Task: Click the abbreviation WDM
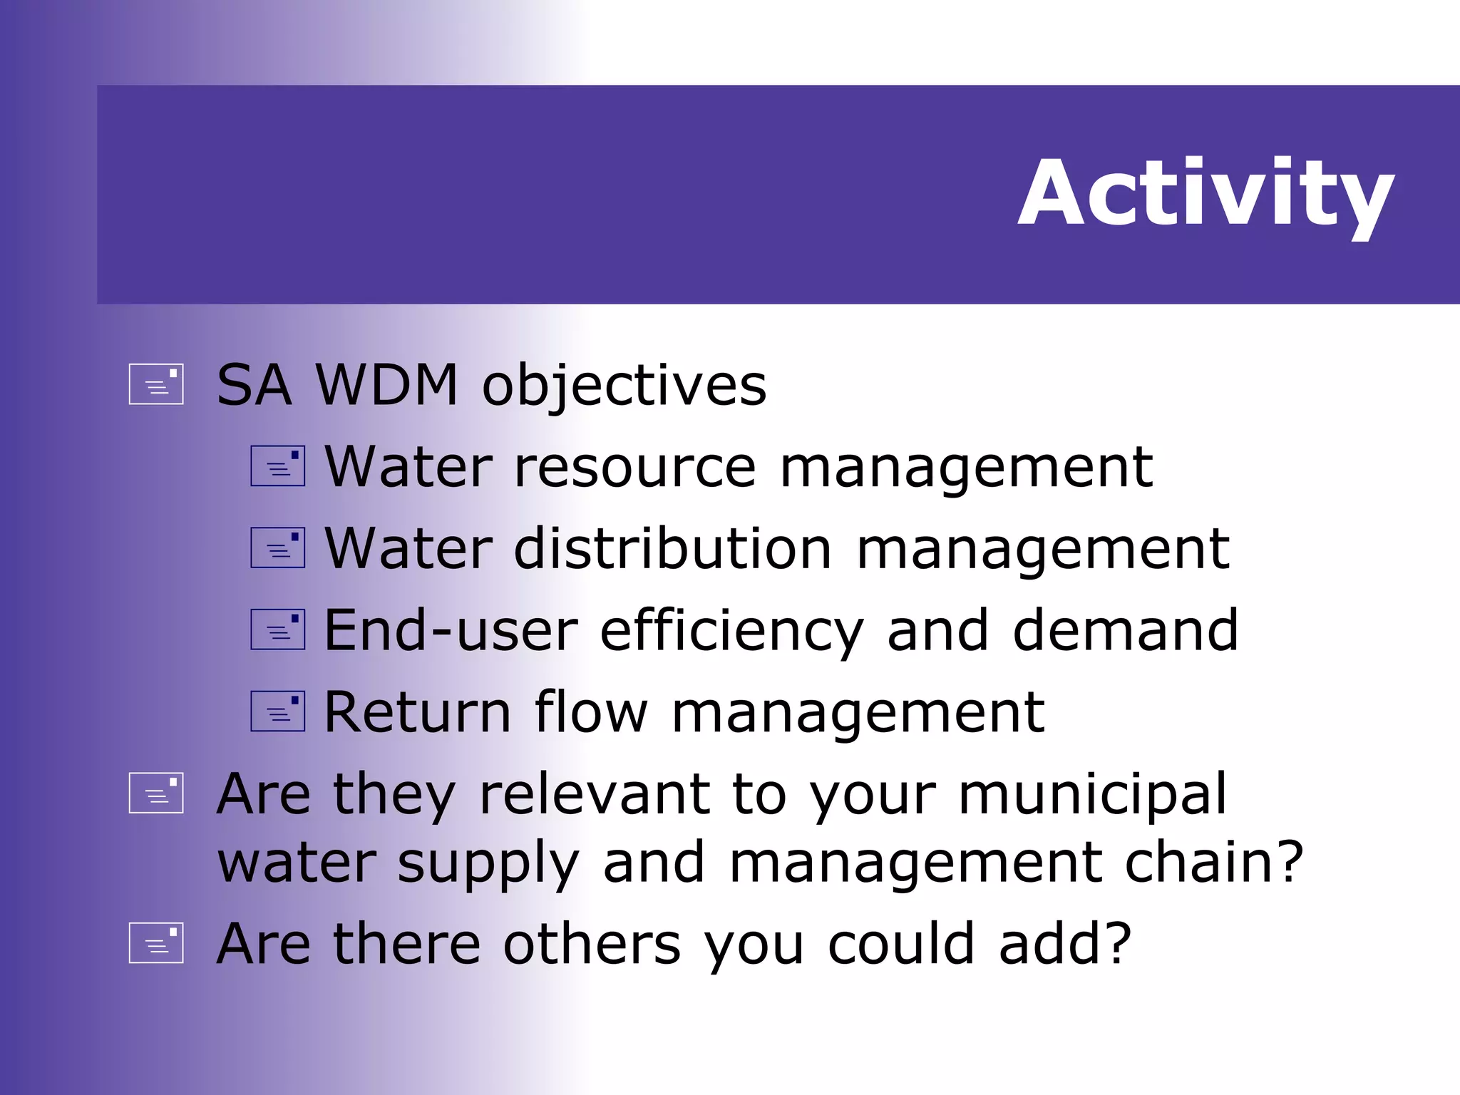tap(386, 385)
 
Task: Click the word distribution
tap(672, 549)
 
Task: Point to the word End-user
tap(451, 631)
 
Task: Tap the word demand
tap(1125, 631)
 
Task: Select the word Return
tap(418, 712)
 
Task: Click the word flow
tap(591, 712)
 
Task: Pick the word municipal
tap(1092, 795)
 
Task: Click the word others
tap(592, 944)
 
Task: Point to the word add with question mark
tap(1064, 944)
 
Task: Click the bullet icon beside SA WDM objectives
tap(156, 385)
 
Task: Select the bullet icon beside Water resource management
tap(278, 466)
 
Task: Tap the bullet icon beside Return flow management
tap(278, 711)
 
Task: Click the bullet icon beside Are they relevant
tap(156, 793)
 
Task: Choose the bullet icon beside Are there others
tap(156, 943)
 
